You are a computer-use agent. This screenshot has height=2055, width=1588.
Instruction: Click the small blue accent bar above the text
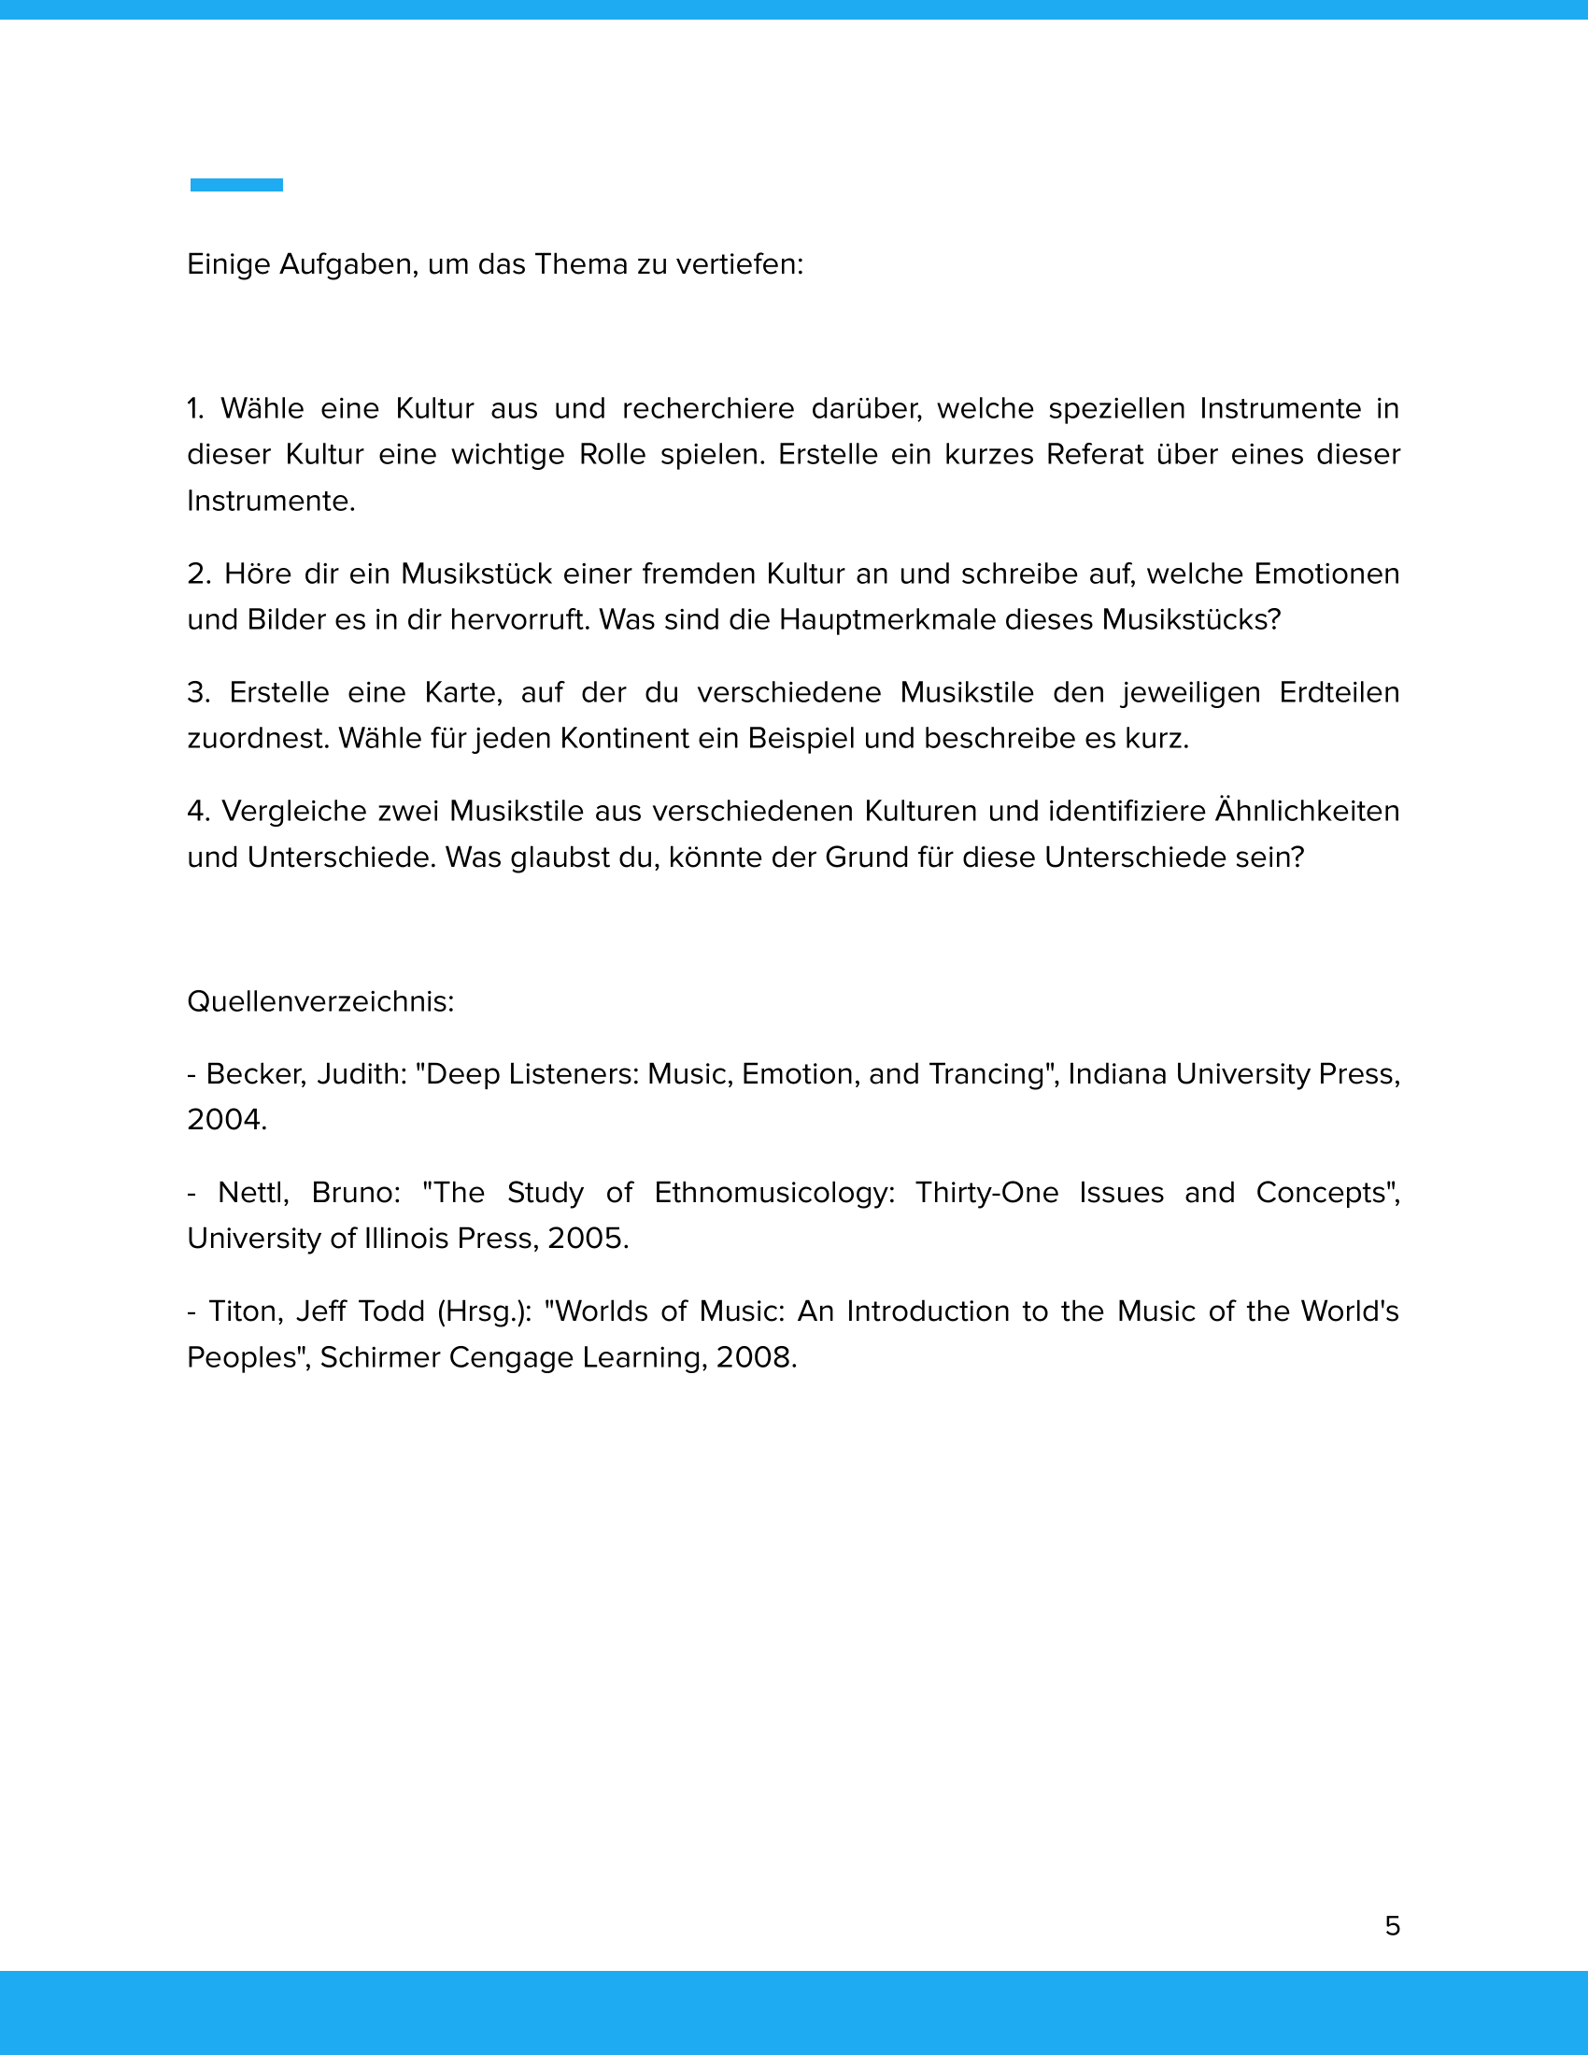pyautogui.click(x=236, y=185)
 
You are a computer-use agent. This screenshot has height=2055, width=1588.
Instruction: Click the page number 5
pyautogui.click(x=1393, y=1926)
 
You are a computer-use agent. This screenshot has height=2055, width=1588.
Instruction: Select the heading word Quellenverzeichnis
pyautogui.click(x=319, y=1002)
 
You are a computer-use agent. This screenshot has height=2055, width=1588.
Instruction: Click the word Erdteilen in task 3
pyautogui.click(x=1339, y=692)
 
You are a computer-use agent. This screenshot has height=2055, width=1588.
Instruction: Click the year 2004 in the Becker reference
pyautogui.click(x=226, y=1121)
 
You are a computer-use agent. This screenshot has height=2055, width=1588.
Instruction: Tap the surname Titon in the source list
pyautogui.click(x=242, y=1311)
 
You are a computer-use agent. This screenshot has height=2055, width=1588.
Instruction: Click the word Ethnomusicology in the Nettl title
pyautogui.click(x=774, y=1193)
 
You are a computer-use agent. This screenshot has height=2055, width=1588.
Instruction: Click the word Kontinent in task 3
pyautogui.click(x=624, y=739)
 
